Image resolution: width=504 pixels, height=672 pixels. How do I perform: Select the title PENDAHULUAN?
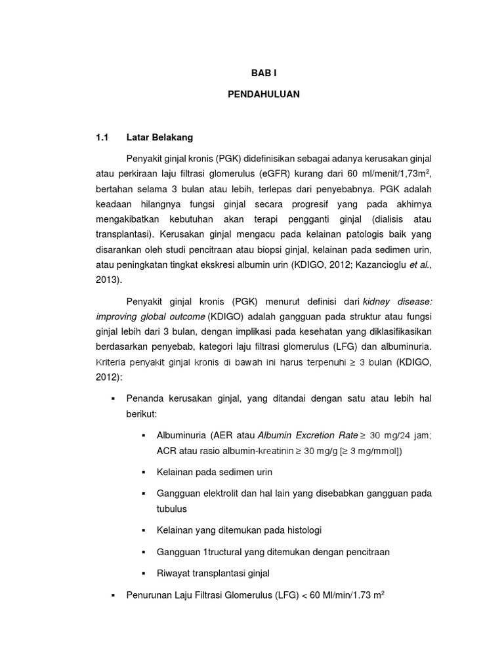(x=263, y=94)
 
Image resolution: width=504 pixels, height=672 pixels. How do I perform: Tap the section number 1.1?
(x=102, y=138)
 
